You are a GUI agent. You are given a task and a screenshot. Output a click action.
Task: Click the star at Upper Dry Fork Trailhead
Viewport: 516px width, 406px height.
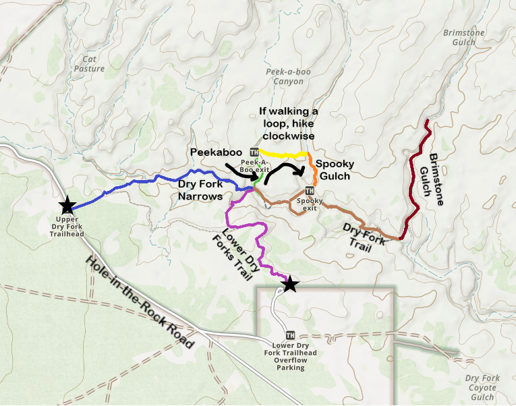(x=67, y=206)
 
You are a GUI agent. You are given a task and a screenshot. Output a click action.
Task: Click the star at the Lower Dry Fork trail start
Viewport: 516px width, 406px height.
(x=289, y=284)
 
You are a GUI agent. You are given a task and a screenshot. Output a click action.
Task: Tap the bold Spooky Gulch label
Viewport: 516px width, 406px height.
(x=333, y=170)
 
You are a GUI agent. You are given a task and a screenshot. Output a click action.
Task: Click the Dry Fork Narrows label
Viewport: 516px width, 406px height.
(x=201, y=190)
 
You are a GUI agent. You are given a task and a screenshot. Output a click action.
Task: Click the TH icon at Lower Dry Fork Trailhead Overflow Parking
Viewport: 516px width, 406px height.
(x=290, y=335)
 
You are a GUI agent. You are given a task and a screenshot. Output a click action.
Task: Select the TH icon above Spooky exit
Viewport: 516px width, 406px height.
(x=309, y=190)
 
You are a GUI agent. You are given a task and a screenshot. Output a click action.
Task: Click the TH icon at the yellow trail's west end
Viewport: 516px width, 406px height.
(x=254, y=151)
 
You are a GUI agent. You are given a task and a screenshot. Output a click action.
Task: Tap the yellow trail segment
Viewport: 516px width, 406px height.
(x=283, y=155)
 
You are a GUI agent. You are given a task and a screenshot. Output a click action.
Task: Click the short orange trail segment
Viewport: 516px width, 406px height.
(x=313, y=169)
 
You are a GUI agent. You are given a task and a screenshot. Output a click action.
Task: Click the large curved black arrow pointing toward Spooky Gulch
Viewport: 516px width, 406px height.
(x=283, y=170)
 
